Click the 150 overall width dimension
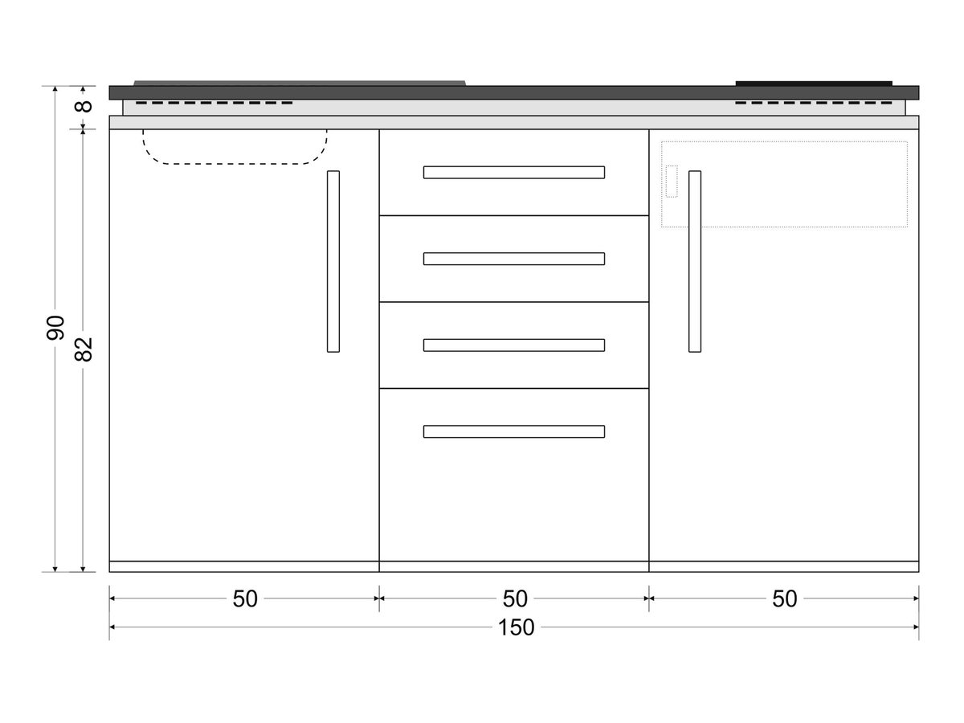[516, 627]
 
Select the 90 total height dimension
[55, 328]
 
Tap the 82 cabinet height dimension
[84, 349]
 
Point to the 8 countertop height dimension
[84, 106]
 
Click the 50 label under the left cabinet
[245, 598]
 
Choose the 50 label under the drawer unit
[515, 598]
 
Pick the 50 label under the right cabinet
[784, 598]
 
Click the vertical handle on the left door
[333, 261]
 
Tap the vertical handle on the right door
[695, 261]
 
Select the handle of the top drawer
[514, 173]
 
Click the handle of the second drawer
[514, 259]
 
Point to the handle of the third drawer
[514, 345]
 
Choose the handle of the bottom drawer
[514, 432]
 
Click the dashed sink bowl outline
[235, 164]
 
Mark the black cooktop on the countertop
[814, 84]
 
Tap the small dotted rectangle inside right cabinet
[672, 182]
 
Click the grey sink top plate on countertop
[300, 83]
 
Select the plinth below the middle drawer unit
[514, 566]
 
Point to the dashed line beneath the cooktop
[814, 103]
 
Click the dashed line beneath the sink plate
[214, 103]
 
